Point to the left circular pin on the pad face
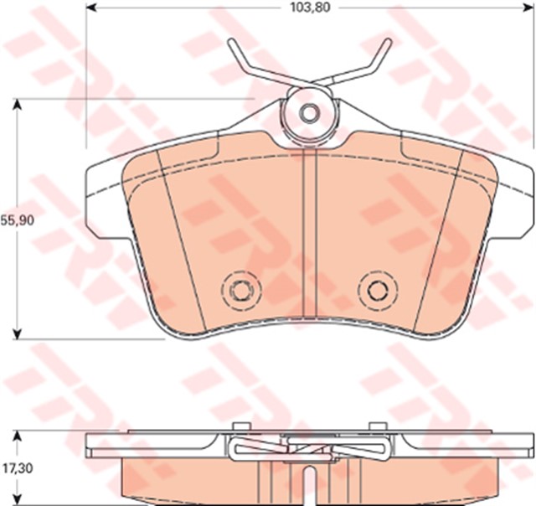coord(241,291)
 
